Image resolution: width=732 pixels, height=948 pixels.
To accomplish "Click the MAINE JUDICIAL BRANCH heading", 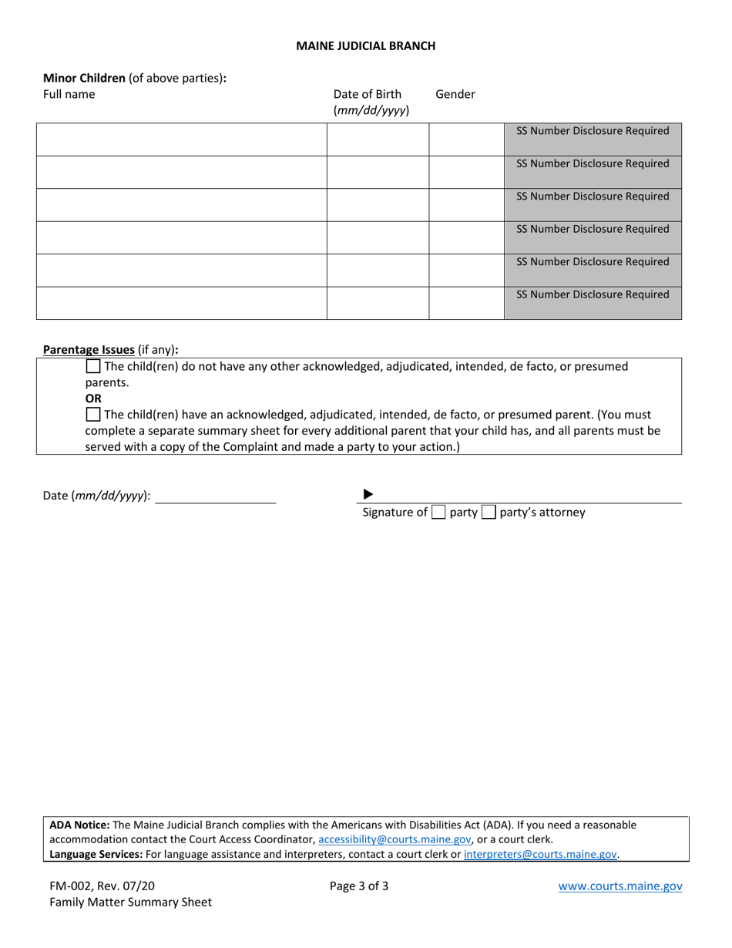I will click(x=365, y=45).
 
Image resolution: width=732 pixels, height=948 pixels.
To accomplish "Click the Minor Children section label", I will click(x=84, y=78).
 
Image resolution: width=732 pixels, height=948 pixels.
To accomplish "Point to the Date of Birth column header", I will click(x=368, y=94).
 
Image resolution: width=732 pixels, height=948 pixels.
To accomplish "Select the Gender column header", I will click(x=455, y=94).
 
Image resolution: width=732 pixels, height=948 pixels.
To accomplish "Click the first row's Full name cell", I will click(x=181, y=140).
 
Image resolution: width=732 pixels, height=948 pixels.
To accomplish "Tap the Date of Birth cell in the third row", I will click(x=378, y=205).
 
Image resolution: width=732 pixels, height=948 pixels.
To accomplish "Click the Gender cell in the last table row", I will click(x=466, y=303).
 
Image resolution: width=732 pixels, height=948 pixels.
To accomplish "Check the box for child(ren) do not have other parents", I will click(x=93, y=367).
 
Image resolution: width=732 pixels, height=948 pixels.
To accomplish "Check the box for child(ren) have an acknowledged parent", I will click(x=93, y=415).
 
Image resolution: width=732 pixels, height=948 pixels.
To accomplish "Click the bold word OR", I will click(x=93, y=398).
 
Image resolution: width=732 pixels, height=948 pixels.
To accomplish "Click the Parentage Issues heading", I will click(x=89, y=350).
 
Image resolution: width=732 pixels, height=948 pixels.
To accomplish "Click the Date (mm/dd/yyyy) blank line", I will click(x=216, y=496).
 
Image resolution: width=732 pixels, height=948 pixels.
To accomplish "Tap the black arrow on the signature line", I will click(x=368, y=495).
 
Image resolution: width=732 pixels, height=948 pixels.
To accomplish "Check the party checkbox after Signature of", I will click(x=438, y=513).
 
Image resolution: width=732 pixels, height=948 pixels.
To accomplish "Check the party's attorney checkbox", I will click(x=489, y=513).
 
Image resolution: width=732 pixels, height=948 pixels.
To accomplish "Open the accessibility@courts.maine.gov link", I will click(x=395, y=840).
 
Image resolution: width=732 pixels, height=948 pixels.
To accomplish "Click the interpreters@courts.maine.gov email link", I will click(x=540, y=855).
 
